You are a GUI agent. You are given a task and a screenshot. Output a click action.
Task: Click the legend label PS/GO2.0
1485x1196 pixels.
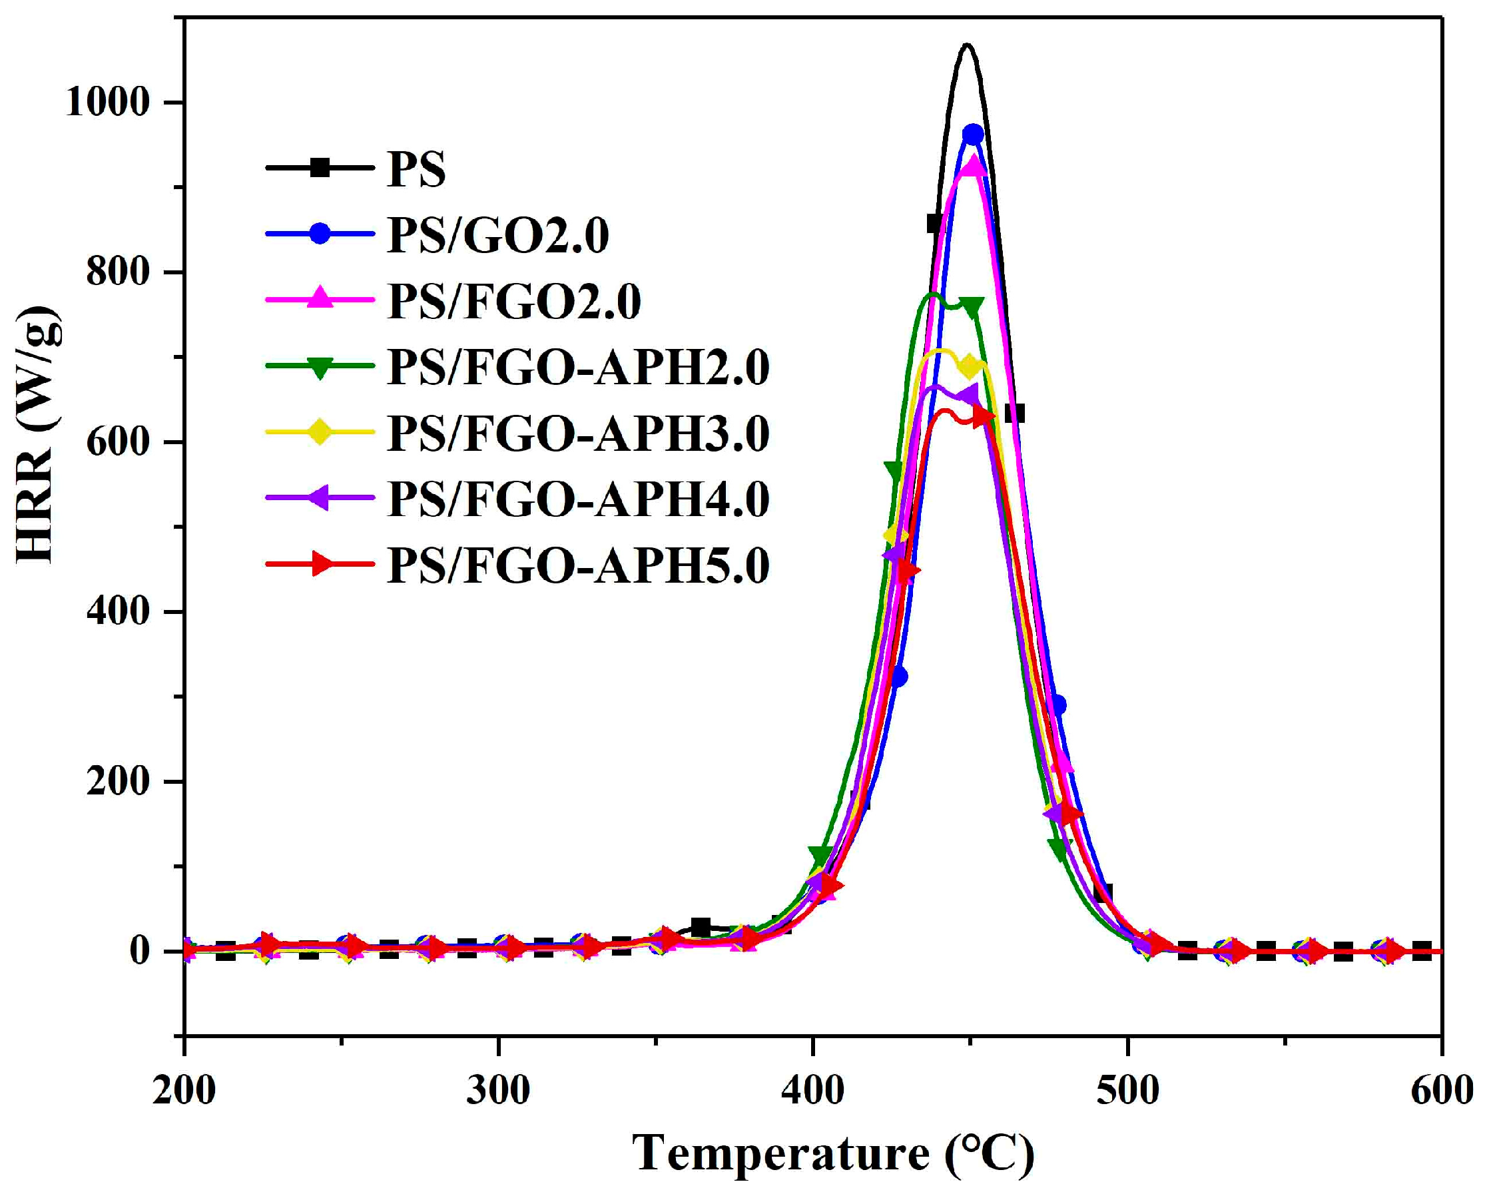tap(497, 235)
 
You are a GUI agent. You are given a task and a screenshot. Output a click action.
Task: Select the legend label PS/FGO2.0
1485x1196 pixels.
tap(514, 301)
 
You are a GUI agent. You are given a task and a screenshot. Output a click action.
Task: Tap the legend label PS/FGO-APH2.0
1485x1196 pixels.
tap(577, 367)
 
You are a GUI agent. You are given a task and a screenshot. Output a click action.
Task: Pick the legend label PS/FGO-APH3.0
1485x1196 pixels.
tap(577, 434)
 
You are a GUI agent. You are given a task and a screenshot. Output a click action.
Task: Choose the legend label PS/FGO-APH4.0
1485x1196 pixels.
tap(577, 499)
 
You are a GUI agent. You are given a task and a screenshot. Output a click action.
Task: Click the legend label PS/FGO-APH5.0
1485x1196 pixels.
tap(577, 565)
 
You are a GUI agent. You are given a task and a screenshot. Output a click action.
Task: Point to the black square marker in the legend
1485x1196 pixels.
tap(320, 167)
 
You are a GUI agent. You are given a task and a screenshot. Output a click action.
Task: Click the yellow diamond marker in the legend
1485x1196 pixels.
tap(320, 434)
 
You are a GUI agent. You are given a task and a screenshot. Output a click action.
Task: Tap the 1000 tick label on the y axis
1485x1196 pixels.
tap(107, 103)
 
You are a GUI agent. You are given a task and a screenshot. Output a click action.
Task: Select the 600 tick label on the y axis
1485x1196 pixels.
tap(118, 442)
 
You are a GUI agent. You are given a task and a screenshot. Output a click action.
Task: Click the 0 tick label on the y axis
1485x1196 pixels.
tap(139, 952)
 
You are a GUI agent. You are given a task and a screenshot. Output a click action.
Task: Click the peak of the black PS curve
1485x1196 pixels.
tap(967, 45)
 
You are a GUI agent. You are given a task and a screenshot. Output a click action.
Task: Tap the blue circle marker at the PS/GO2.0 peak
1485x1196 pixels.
tap(972, 135)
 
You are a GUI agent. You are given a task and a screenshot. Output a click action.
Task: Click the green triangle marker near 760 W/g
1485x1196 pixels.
tap(971, 308)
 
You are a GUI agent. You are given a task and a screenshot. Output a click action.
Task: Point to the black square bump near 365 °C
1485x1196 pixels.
tap(701, 928)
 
